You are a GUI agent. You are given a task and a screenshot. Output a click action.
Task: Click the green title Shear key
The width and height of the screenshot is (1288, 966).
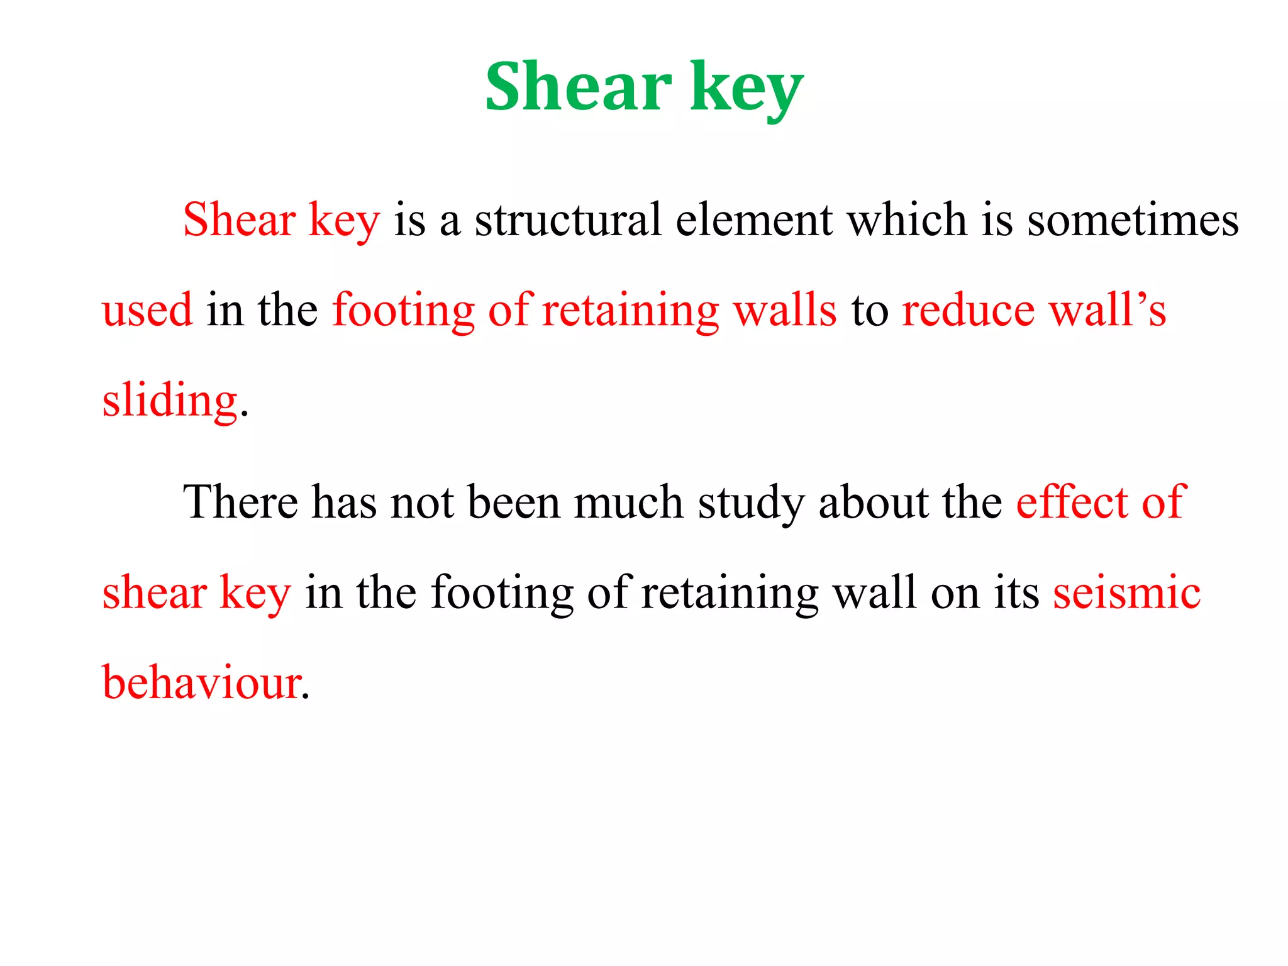point(644,88)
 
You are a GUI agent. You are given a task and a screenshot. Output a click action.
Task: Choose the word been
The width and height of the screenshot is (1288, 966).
point(513,502)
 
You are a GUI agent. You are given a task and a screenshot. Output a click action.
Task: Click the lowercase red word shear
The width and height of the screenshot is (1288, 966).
point(154,593)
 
